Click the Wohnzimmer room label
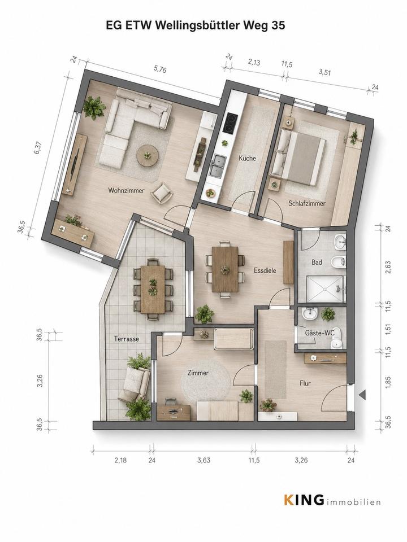pos(126,190)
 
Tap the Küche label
pos(248,158)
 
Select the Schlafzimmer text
pos(307,204)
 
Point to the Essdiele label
pos(265,270)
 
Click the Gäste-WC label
pos(319,333)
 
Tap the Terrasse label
pos(126,339)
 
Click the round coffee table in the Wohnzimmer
pos(148,156)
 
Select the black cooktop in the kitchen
pos(229,124)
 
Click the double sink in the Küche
pos(219,165)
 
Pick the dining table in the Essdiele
pos(226,269)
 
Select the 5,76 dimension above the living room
pos(160,69)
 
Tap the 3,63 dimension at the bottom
pos(204,461)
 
